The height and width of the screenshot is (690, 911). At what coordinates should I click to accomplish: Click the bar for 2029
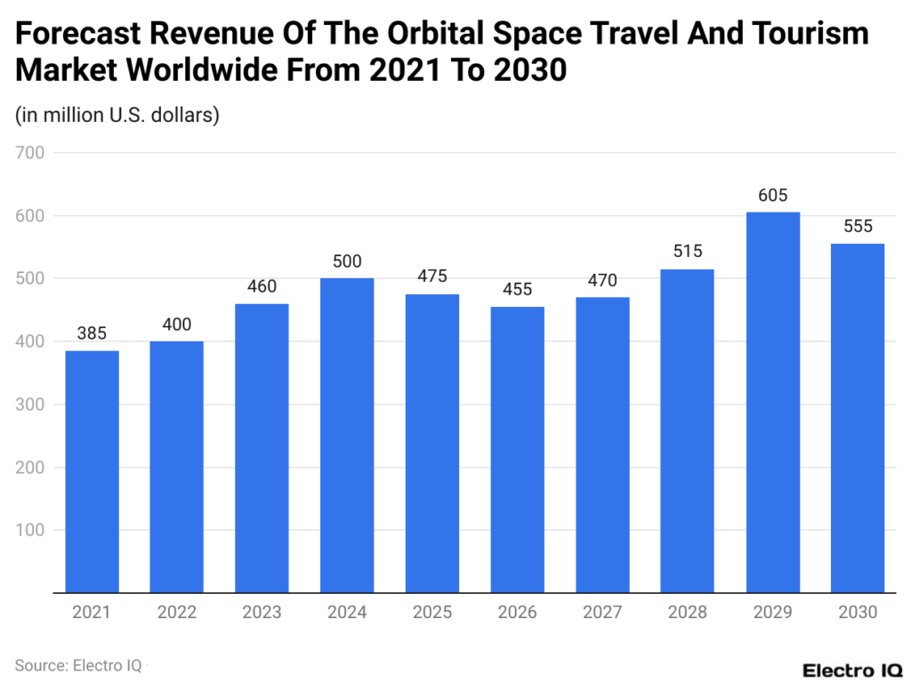[x=772, y=402]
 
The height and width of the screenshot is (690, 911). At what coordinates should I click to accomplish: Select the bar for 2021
[x=92, y=471]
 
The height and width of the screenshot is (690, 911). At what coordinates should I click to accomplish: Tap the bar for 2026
[x=517, y=449]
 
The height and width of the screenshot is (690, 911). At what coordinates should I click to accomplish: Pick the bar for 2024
[x=347, y=435]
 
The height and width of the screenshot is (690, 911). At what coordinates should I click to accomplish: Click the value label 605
[x=772, y=196]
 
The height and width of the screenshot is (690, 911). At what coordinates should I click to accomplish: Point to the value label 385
[x=92, y=334]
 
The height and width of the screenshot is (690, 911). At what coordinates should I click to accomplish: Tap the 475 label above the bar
[x=431, y=277]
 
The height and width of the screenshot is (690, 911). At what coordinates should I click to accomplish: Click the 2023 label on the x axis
[x=262, y=613]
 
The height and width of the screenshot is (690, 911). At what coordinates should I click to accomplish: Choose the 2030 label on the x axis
[x=858, y=613]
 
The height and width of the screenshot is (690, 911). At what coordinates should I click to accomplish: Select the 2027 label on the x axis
[x=602, y=613]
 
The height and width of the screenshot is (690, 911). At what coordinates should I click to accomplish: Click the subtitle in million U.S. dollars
[x=117, y=115]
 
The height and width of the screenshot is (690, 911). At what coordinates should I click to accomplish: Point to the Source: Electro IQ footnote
[x=77, y=664]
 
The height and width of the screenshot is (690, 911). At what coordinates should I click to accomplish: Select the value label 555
[x=858, y=227]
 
